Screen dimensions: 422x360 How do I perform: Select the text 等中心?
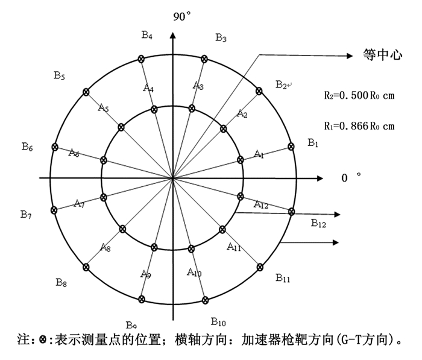(380, 54)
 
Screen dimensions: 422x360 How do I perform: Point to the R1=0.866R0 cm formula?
(359, 126)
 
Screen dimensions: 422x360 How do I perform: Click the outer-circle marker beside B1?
(292, 146)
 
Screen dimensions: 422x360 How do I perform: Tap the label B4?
(147, 35)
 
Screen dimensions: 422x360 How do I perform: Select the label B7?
(25, 214)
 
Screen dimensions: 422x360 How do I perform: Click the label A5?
(103, 109)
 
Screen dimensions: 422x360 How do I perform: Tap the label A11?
(234, 247)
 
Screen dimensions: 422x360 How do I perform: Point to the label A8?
(105, 247)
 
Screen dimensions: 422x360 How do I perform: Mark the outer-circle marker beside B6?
(55, 147)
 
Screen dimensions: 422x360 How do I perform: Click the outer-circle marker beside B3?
(205, 58)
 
